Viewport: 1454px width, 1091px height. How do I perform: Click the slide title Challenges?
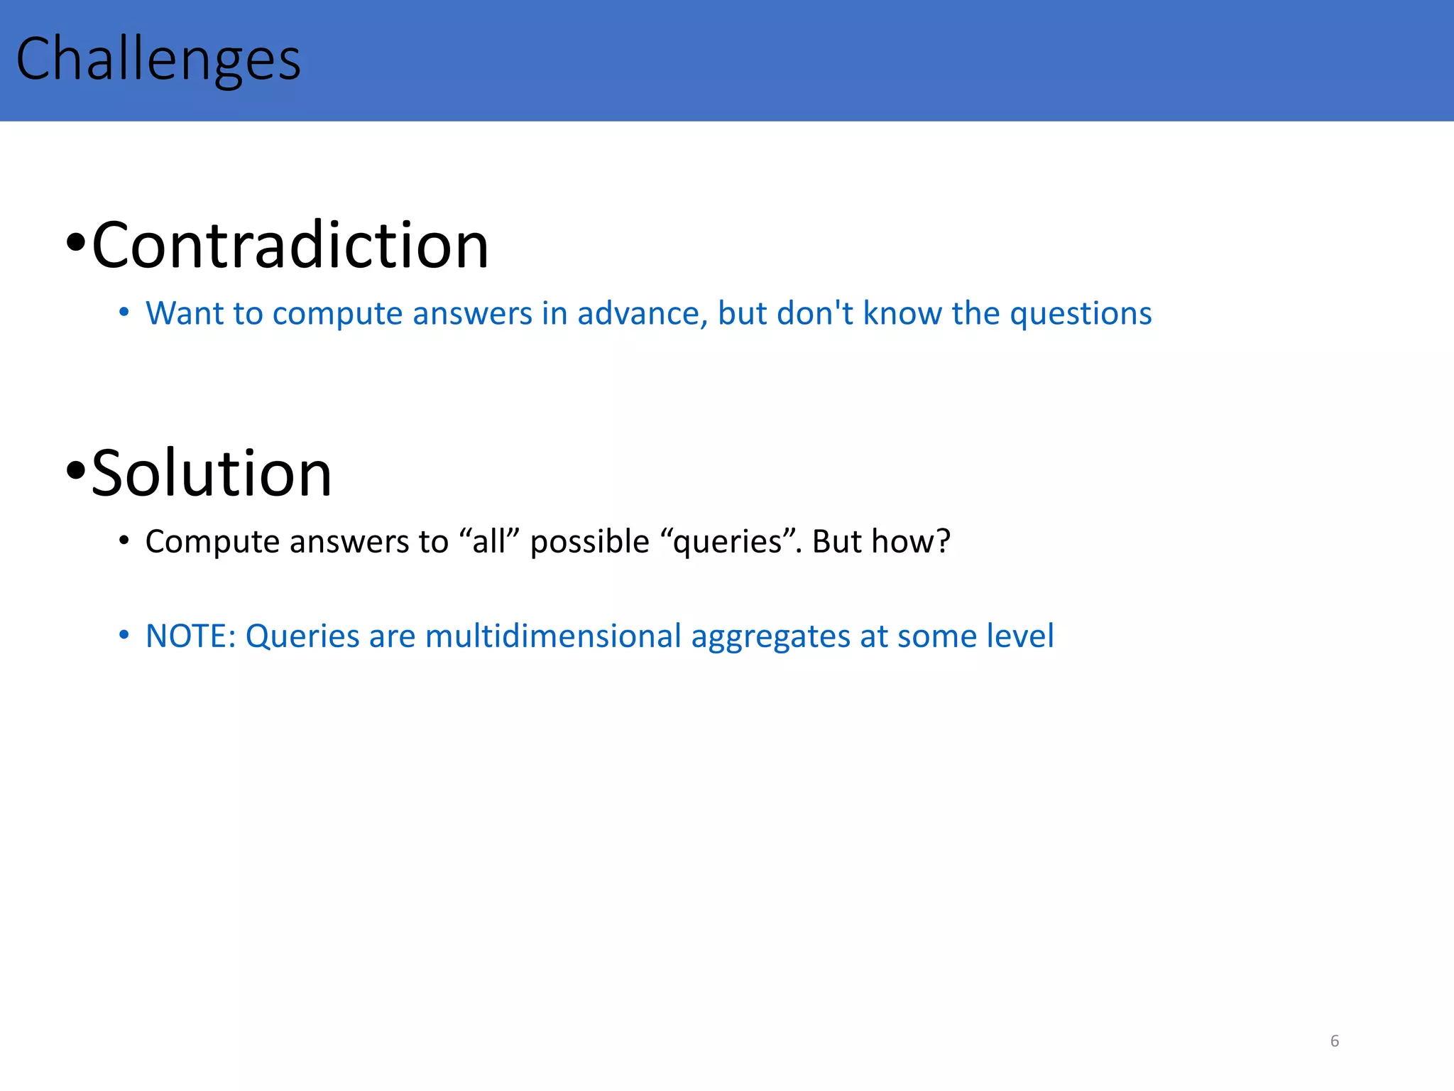coord(158,60)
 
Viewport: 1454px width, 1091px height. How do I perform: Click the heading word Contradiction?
coord(290,245)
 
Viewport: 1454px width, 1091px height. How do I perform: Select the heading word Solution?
coord(211,474)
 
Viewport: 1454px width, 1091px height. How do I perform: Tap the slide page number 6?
coord(1334,1041)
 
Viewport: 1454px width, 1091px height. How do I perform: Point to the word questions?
coord(1080,315)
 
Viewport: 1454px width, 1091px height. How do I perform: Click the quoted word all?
coord(490,542)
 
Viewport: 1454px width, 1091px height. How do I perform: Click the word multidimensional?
coord(553,636)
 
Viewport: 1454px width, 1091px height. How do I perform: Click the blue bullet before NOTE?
coord(124,634)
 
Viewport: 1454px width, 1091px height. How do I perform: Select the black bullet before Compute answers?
coord(124,541)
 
